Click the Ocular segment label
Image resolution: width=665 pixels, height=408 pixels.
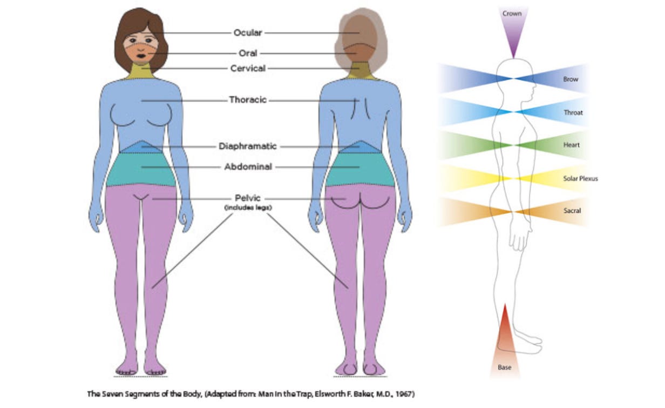pyautogui.click(x=248, y=33)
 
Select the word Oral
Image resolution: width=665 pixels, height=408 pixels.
pyautogui.click(x=248, y=53)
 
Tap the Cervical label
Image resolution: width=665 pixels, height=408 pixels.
pyautogui.click(x=248, y=69)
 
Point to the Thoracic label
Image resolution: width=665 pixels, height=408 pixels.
pyautogui.click(x=248, y=100)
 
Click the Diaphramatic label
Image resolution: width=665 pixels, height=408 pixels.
pyautogui.click(x=248, y=146)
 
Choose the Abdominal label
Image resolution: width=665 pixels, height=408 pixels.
pyautogui.click(x=248, y=167)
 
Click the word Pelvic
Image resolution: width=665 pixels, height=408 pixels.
pyautogui.click(x=248, y=198)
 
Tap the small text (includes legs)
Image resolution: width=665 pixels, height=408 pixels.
pyautogui.click(x=248, y=208)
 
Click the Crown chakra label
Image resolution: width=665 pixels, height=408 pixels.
pyautogui.click(x=512, y=14)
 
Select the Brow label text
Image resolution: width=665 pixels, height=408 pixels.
pyautogui.click(x=571, y=79)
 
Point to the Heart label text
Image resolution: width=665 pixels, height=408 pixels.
pyautogui.click(x=571, y=145)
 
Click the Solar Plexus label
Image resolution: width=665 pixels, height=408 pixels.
pyautogui.click(x=580, y=178)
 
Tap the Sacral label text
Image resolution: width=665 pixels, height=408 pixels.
pyautogui.click(x=572, y=211)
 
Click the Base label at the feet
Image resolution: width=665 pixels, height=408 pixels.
pyautogui.click(x=504, y=368)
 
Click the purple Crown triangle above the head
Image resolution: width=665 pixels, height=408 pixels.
pyautogui.click(x=512, y=35)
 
